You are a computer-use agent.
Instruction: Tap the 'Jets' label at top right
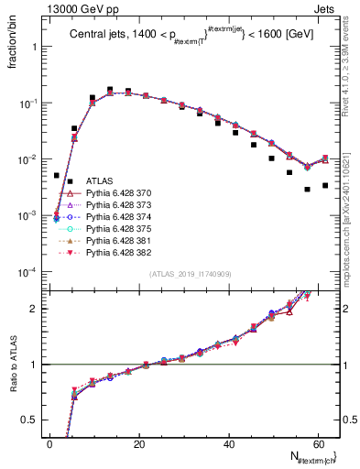coord(326,8)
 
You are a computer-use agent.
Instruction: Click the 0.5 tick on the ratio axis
coord(31,420)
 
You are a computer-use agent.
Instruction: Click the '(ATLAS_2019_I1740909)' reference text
coord(191,274)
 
